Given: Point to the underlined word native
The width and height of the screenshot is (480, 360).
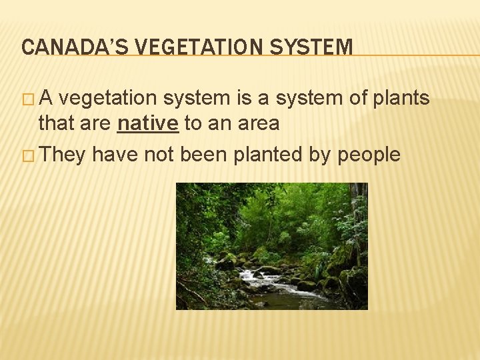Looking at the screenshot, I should (147, 123).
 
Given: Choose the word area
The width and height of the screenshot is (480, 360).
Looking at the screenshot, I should (258, 123).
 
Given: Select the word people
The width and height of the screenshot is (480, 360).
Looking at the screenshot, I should (369, 155).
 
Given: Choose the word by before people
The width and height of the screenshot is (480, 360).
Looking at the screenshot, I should (325, 155).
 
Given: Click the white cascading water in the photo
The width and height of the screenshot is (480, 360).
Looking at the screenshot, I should (267, 280).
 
